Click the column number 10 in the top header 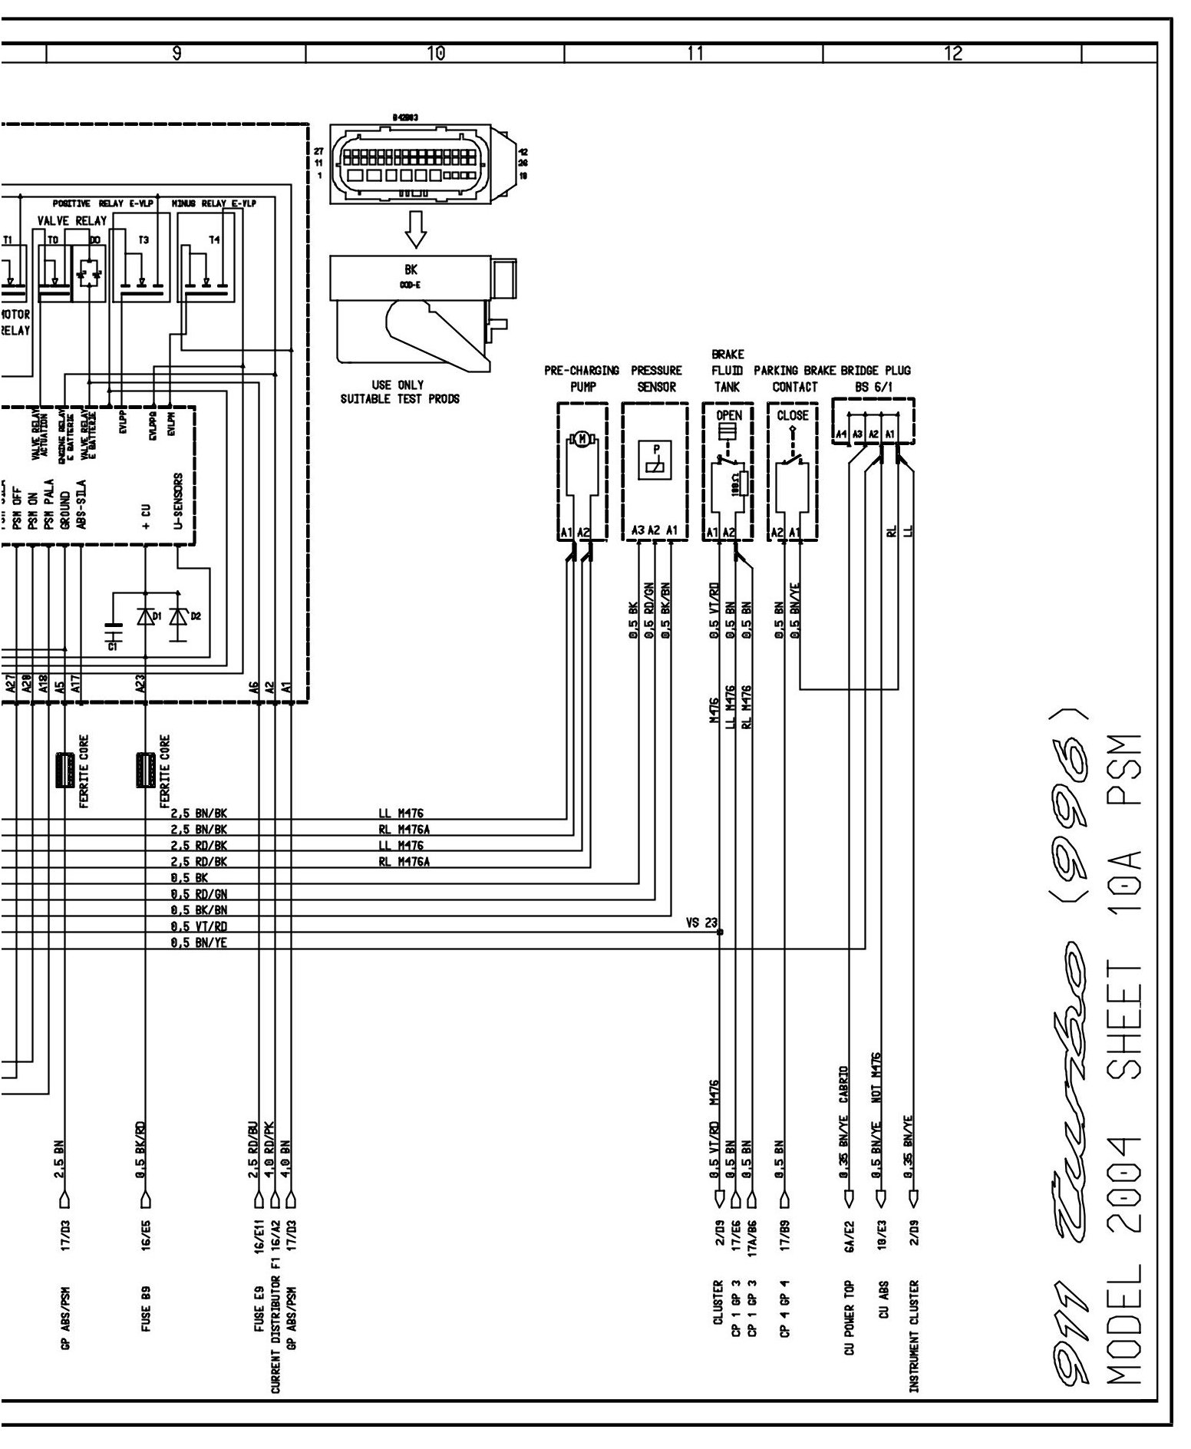tap(435, 53)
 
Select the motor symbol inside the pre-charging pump tap(581, 439)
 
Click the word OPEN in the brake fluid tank tap(728, 416)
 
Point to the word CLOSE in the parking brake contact tap(792, 416)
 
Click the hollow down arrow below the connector tap(415, 228)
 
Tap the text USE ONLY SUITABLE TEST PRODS tap(400, 391)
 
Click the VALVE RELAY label tap(72, 221)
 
